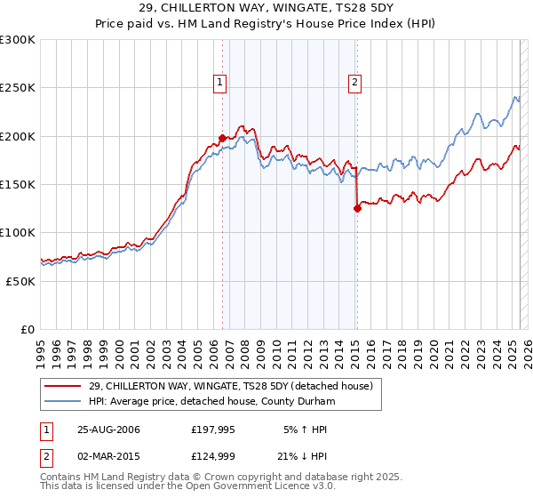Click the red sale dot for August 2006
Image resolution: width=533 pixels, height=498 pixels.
pyautogui.click(x=222, y=138)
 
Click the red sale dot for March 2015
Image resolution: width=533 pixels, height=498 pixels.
pyautogui.click(x=356, y=209)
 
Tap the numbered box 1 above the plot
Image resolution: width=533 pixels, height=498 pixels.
pyautogui.click(x=219, y=83)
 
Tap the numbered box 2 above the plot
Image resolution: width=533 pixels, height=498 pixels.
pyautogui.click(x=354, y=83)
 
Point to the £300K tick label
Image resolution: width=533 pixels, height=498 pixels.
pyautogui.click(x=18, y=40)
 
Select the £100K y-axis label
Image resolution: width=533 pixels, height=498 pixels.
pyautogui.click(x=18, y=232)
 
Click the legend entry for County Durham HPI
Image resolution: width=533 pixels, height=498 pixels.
pyautogui.click(x=211, y=401)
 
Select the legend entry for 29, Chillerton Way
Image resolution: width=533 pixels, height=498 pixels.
pyautogui.click(x=235, y=386)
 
